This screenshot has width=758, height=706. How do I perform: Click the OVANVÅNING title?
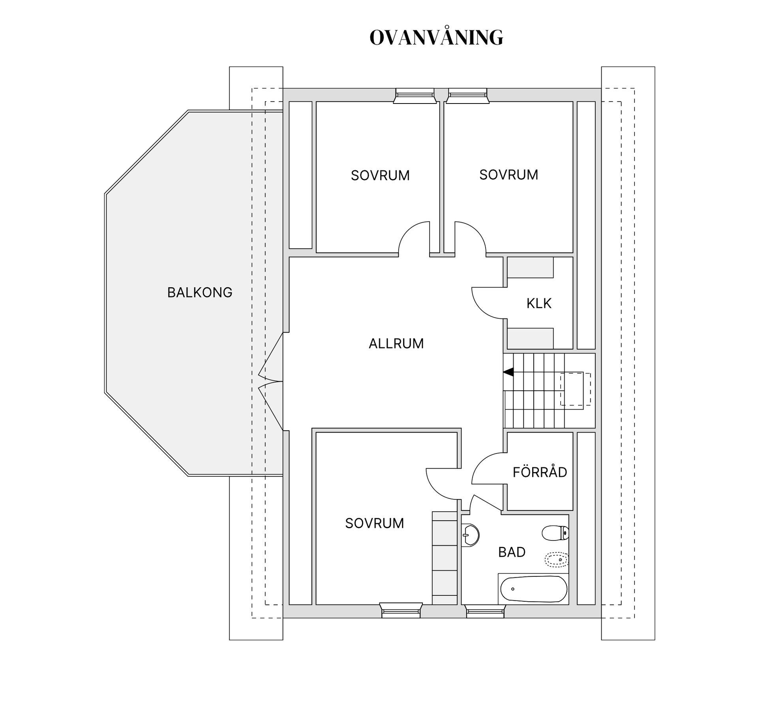[436, 37]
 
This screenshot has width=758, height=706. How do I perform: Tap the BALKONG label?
[200, 292]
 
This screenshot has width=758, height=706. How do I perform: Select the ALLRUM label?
[396, 344]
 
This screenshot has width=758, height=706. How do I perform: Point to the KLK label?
[539, 303]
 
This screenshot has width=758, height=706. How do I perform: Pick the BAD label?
[512, 552]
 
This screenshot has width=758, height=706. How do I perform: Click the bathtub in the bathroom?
[534, 589]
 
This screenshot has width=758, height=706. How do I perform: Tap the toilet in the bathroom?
[555, 533]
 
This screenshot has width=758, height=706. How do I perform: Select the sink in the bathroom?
[470, 535]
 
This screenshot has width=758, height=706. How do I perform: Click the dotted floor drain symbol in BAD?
[557, 560]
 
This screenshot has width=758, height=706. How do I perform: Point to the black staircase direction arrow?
[508, 372]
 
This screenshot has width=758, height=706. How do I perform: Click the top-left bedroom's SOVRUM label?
[380, 175]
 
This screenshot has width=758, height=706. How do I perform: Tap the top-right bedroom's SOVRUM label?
[508, 175]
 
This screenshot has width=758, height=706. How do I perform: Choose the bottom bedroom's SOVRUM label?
[374, 523]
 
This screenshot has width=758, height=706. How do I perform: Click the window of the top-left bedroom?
[415, 96]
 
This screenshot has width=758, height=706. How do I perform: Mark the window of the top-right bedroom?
[467, 96]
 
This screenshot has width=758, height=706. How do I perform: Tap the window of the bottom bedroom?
[401, 610]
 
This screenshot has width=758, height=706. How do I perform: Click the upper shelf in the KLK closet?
[530, 267]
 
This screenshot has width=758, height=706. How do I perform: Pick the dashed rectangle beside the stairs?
[576, 389]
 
